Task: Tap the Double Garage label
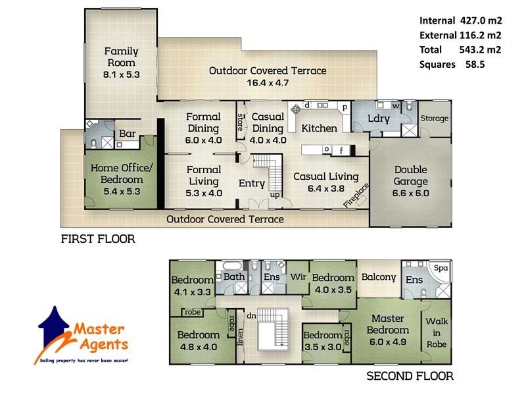pos(410,176)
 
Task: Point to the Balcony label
pos(378,277)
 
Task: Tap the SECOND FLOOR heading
pos(409,377)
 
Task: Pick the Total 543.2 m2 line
pos(458,49)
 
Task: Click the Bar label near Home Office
pos(127,134)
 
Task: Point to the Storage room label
pos(435,118)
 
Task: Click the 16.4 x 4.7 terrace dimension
pos(267,82)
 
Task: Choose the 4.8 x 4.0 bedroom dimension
pos(198,346)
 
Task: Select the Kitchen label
pos(320,128)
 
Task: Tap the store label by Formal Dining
pos(240,122)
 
